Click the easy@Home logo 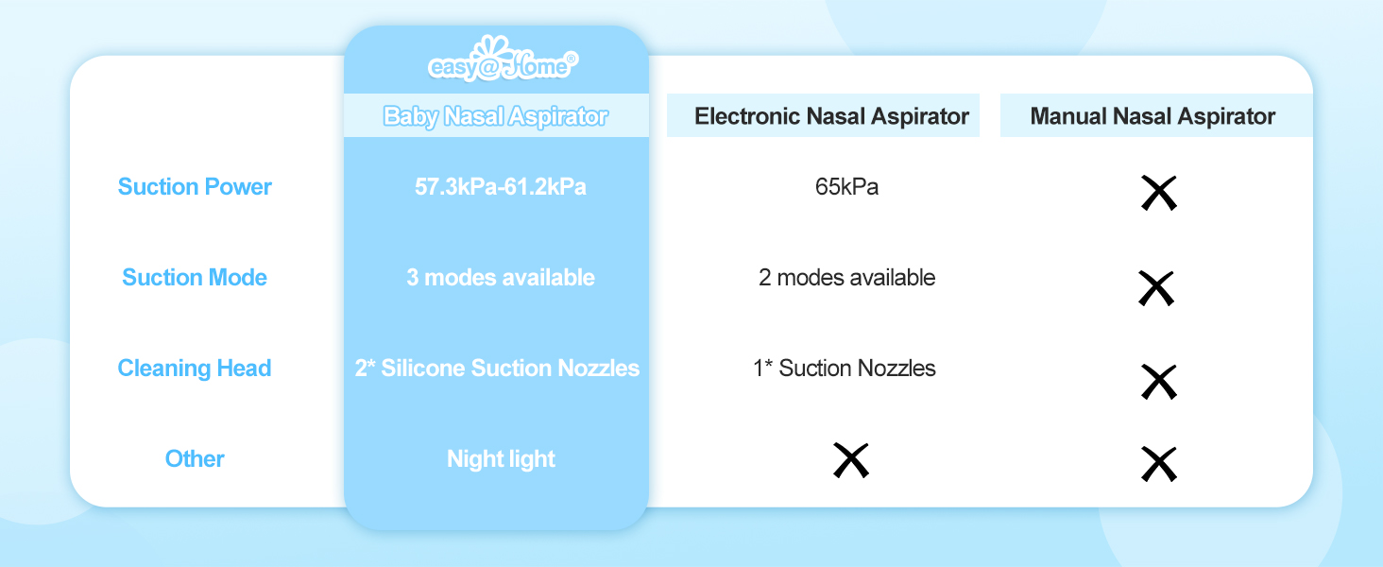(502, 61)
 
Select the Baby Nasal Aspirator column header (496, 116)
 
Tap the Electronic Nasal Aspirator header (831, 116)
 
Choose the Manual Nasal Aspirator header (1152, 116)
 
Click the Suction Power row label (195, 187)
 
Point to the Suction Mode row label (195, 278)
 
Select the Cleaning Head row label (195, 369)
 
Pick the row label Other (195, 459)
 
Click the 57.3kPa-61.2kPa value (501, 187)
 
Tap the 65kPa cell (846, 187)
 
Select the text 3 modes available (501, 278)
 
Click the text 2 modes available (846, 278)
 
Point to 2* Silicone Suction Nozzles (497, 369)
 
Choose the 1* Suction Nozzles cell (845, 369)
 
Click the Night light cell (501, 459)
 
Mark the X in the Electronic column (850, 460)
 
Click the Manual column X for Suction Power (1158, 193)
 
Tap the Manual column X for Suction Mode (1156, 288)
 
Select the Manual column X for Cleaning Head (1158, 381)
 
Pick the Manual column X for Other (1158, 464)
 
